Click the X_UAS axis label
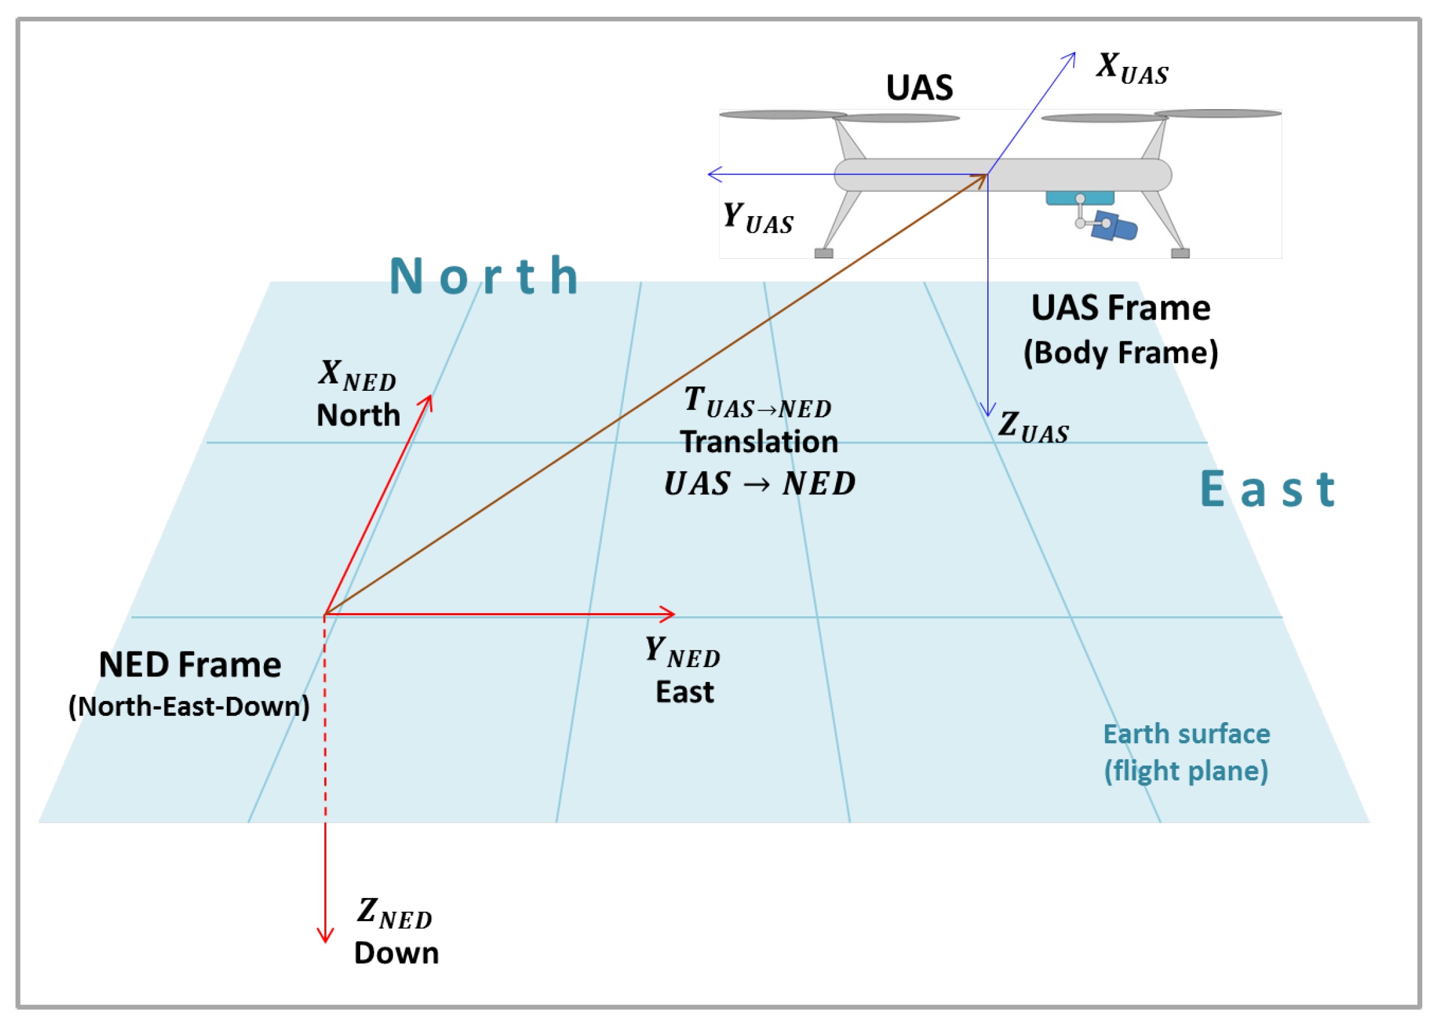point(1132,69)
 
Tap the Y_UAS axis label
point(757,218)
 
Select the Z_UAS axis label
point(1033,427)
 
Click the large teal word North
point(483,276)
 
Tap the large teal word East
point(1268,490)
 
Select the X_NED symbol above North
point(356,375)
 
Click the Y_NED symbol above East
point(682,652)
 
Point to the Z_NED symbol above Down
point(394,914)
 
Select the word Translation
point(759,442)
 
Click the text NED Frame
point(190,665)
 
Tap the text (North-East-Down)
point(188,707)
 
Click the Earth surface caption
point(1186,734)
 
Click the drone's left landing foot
point(824,254)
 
